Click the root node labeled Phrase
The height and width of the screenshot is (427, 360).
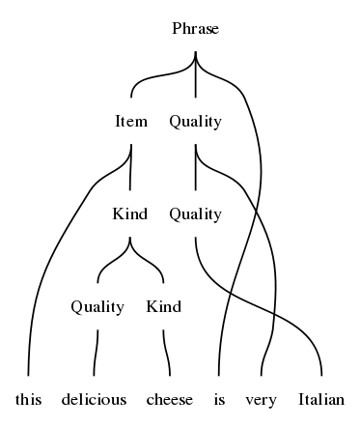click(196, 28)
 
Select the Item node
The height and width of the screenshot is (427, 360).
click(131, 122)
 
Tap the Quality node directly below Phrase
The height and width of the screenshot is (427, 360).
click(196, 122)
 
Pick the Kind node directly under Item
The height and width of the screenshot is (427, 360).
click(130, 213)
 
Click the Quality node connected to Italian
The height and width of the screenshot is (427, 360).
click(196, 214)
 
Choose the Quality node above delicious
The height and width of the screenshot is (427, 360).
click(97, 307)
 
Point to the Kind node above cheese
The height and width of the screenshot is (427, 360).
click(164, 306)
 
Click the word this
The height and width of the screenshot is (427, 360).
click(29, 400)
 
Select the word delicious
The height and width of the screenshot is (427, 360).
click(94, 400)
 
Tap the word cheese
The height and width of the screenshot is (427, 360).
click(170, 400)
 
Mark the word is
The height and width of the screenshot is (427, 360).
click(219, 400)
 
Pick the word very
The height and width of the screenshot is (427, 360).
click(261, 401)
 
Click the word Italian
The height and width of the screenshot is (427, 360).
click(321, 400)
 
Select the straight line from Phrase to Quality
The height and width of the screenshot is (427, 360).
click(196, 74)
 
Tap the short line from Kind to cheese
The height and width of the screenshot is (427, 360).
click(166, 353)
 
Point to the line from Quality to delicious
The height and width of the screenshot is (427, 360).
click(96, 353)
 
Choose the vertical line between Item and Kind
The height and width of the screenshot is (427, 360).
click(130, 167)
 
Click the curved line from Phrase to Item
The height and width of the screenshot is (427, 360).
click(154, 76)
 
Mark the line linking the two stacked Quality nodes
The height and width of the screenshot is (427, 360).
click(196, 167)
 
